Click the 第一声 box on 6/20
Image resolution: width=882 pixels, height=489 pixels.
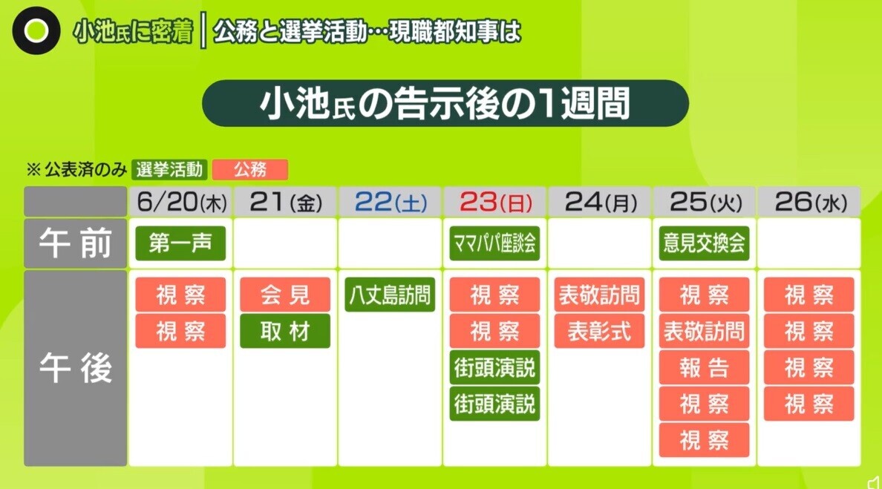pyautogui.click(x=180, y=243)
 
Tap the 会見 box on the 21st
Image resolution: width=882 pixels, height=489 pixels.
pyautogui.click(x=285, y=295)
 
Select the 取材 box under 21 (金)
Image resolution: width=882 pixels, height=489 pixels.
pyautogui.click(x=285, y=331)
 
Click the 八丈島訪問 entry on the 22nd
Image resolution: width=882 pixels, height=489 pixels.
pyautogui.click(x=390, y=295)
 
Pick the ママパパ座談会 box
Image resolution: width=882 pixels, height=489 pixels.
pyautogui.click(x=494, y=243)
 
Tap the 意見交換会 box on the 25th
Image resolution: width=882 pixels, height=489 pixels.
pyautogui.click(x=705, y=243)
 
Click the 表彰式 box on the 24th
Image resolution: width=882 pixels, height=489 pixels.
pyautogui.click(x=599, y=331)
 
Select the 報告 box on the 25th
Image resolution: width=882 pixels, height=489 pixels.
pyautogui.click(x=705, y=367)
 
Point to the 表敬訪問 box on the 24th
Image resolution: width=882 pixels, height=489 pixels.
pyautogui.click(x=599, y=295)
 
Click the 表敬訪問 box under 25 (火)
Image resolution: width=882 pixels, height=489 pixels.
pyautogui.click(x=705, y=331)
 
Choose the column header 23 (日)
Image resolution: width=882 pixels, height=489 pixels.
pyautogui.click(x=494, y=202)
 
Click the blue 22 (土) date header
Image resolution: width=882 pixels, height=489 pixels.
pyautogui.click(x=390, y=202)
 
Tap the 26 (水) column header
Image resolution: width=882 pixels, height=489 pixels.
pyautogui.click(x=809, y=202)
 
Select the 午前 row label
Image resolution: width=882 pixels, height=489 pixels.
pyautogui.click(x=76, y=243)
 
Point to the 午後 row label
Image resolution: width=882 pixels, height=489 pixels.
pyautogui.click(x=76, y=368)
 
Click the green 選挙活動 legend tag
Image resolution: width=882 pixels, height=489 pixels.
pyautogui.click(x=169, y=169)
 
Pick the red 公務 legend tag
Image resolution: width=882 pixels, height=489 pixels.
pyautogui.click(x=249, y=169)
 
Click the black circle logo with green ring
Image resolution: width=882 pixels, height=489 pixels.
pyautogui.click(x=36, y=31)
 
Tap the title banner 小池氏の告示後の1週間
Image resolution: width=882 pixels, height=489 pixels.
pyautogui.click(x=445, y=103)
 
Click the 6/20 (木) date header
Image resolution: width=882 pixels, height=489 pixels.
pyautogui.click(x=180, y=202)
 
